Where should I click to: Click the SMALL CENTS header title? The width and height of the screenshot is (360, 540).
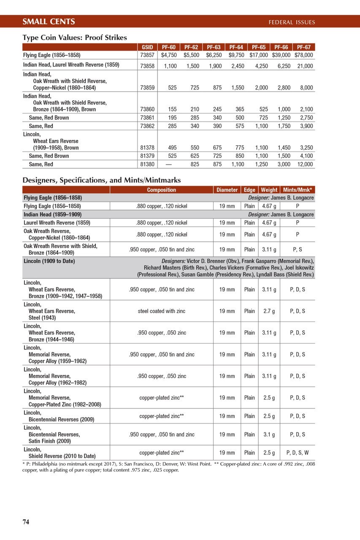[x=49, y=22]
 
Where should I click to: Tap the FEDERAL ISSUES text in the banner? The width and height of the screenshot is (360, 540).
[x=292, y=22]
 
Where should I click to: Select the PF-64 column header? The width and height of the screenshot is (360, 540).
[x=236, y=47]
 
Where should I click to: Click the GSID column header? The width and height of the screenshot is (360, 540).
[x=147, y=47]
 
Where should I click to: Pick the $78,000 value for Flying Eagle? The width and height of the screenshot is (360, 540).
[x=304, y=55]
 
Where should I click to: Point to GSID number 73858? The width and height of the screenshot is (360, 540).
[x=147, y=66]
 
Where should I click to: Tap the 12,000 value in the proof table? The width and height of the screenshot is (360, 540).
[x=304, y=164]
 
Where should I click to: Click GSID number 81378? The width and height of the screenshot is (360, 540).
[x=147, y=148]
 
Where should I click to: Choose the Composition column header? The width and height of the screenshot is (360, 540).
[x=162, y=190]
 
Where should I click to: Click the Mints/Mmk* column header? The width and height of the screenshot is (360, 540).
[x=298, y=190]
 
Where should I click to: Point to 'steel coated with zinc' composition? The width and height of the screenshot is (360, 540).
[x=162, y=311]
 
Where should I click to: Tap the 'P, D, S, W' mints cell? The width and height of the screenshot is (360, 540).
[x=298, y=453]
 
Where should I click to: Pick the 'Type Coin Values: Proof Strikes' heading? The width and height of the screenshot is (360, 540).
[x=75, y=38]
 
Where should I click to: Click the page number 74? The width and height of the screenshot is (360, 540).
[x=26, y=522]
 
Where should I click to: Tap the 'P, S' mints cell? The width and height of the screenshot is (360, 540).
[x=298, y=249]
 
